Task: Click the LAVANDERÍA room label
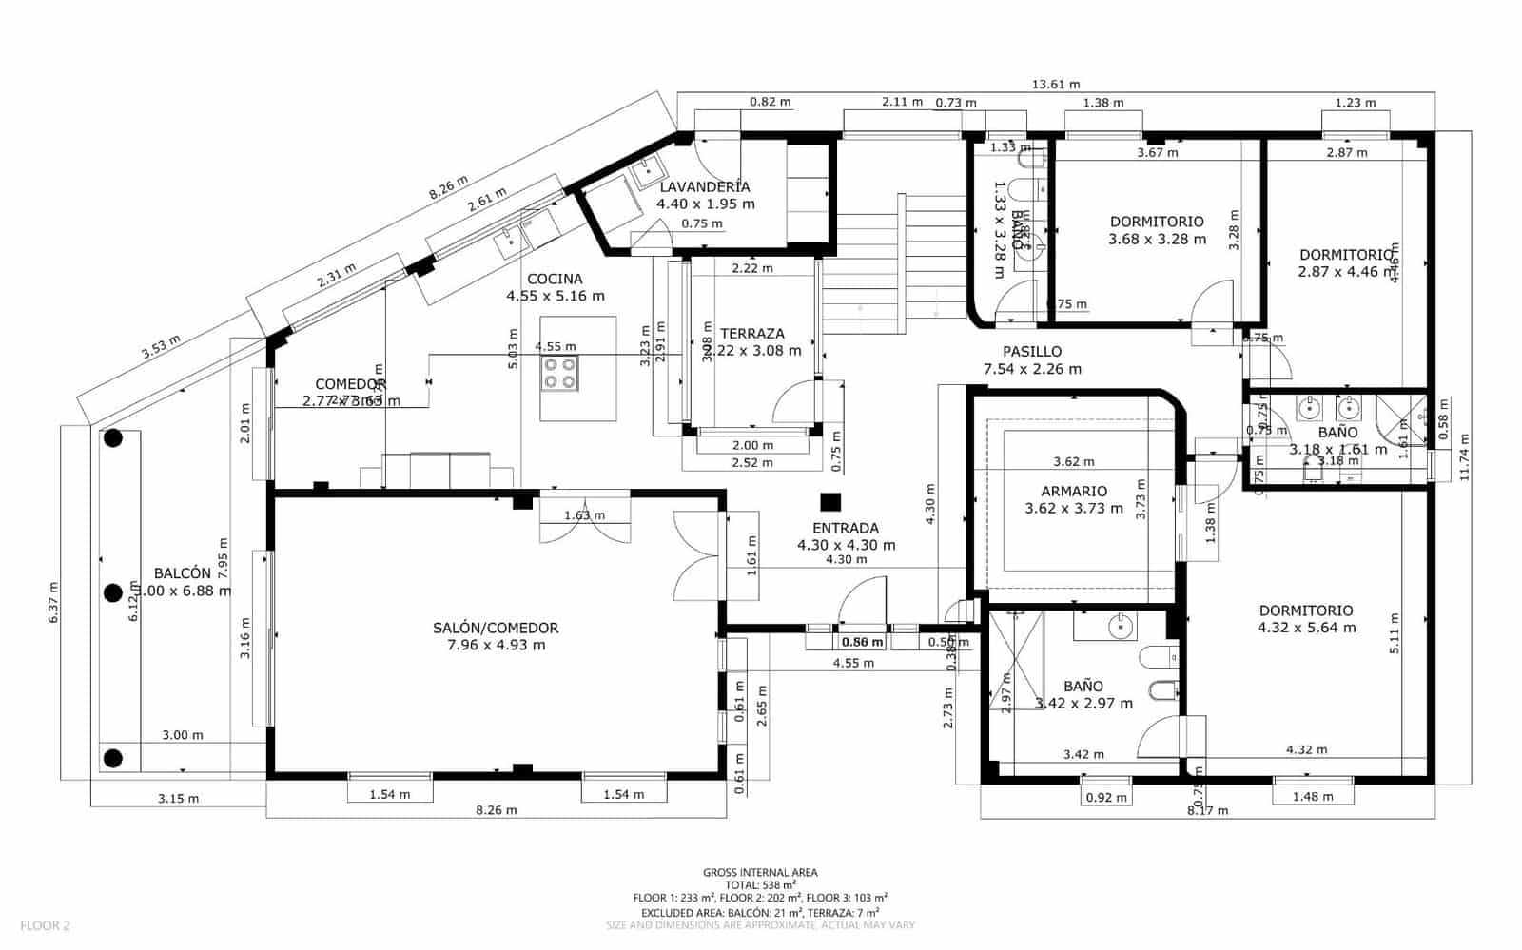click(705, 187)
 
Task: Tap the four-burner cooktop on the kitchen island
click(558, 373)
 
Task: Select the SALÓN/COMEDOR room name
click(496, 628)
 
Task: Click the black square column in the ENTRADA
click(831, 501)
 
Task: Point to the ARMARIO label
click(1074, 492)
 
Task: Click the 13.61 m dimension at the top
click(1056, 85)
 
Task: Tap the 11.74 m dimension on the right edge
click(1464, 456)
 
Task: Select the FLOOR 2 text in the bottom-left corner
click(45, 924)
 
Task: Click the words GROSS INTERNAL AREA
click(760, 872)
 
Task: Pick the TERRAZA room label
click(752, 334)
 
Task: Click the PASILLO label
click(1032, 352)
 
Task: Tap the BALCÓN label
click(182, 573)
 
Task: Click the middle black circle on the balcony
click(113, 593)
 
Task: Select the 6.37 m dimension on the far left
click(53, 602)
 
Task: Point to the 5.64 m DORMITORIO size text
click(1307, 628)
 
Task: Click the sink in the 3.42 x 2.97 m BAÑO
click(1121, 627)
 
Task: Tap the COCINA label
click(555, 279)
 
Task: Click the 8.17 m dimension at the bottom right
click(1207, 810)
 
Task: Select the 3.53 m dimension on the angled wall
click(160, 347)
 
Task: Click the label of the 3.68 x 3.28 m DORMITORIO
click(1157, 222)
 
